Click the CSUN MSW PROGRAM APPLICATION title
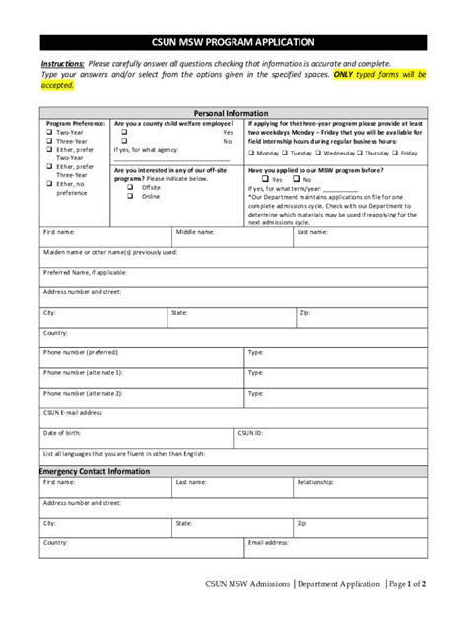point(233,43)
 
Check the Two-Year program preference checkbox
point(47,131)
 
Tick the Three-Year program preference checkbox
point(47,141)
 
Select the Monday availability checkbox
point(252,154)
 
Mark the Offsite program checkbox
point(129,187)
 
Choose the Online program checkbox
point(129,196)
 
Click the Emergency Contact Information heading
point(95,471)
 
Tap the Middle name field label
point(195,232)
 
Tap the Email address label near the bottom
point(268,542)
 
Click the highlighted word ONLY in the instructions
point(346,74)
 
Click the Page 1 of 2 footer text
point(406,584)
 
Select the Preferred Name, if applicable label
point(86,271)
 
